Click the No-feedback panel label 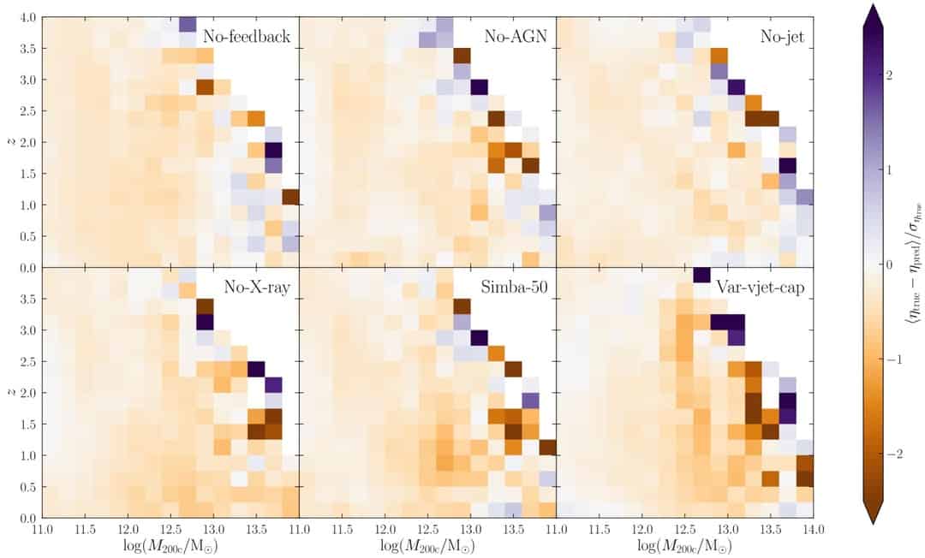click(247, 38)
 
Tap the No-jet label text click(785, 38)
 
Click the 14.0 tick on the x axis click(813, 530)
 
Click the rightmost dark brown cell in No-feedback click(290, 197)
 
